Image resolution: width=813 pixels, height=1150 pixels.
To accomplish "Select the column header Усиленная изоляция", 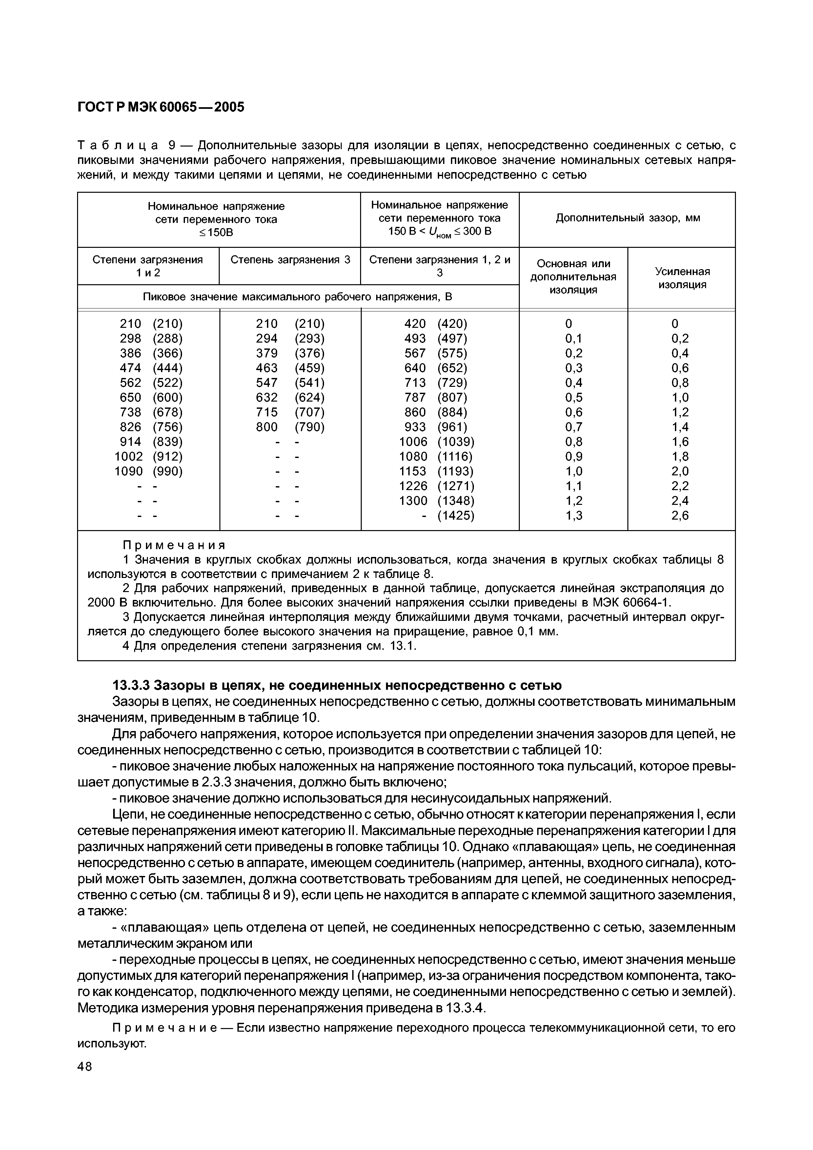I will coord(682,278).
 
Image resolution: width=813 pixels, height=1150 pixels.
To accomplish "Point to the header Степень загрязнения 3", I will coord(290,259).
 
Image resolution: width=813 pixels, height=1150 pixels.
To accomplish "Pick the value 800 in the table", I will coord(267,427).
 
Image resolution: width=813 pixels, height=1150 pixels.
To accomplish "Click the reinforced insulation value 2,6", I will coord(680,515).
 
